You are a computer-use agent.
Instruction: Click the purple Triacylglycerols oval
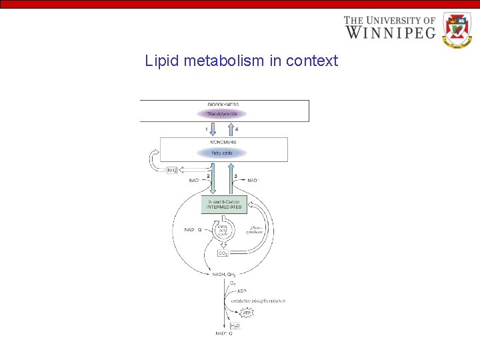tap(221, 114)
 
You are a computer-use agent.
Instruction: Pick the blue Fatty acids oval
tap(221, 153)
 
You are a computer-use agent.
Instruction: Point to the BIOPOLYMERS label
tap(223, 105)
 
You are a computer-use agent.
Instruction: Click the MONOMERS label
tap(222, 143)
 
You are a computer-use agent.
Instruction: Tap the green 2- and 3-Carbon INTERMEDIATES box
tap(224, 204)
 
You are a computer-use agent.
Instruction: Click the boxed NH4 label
tap(173, 169)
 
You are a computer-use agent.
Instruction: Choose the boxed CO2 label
tap(224, 253)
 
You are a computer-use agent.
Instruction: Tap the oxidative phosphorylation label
tap(259, 301)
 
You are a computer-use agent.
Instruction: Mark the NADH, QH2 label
tap(225, 274)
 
